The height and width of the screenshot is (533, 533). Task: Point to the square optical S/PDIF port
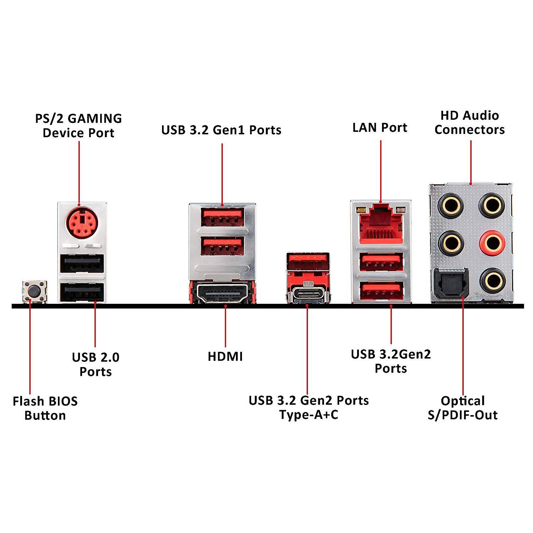coord(448,283)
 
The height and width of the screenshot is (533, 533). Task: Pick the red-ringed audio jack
coord(492,243)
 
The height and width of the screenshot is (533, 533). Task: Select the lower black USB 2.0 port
coord(82,292)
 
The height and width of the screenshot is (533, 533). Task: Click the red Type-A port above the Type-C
coord(308,261)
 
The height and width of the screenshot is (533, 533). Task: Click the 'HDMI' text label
coord(225,356)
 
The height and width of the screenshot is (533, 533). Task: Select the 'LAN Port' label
coord(379,128)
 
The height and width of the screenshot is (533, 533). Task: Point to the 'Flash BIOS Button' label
coord(45,408)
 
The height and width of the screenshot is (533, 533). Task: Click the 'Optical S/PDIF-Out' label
coord(463,408)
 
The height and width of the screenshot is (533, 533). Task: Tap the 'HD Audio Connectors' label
coord(469,123)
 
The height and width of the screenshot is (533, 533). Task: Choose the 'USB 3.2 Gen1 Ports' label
coord(221,130)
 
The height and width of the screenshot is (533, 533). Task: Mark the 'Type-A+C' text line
coord(308,415)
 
